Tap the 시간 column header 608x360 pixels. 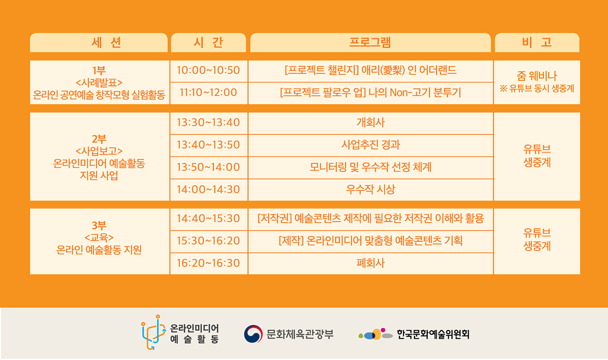208,43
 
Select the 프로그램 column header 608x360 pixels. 370,43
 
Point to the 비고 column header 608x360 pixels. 537,43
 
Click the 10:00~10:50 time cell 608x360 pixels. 208,70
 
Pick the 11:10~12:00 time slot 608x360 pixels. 208,93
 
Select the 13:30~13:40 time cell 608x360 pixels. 208,123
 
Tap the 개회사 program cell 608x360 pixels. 370,123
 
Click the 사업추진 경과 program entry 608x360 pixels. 370,145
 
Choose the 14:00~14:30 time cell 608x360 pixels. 208,189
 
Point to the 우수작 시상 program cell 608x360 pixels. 370,189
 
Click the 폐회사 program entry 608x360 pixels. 370,263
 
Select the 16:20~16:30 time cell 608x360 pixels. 208,263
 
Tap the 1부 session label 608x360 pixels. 99,70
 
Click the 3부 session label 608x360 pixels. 99,225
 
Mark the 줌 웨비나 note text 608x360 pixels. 537,76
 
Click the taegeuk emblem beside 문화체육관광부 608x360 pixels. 253,334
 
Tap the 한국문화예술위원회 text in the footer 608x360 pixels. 433,334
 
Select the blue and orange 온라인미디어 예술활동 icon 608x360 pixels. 154,332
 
